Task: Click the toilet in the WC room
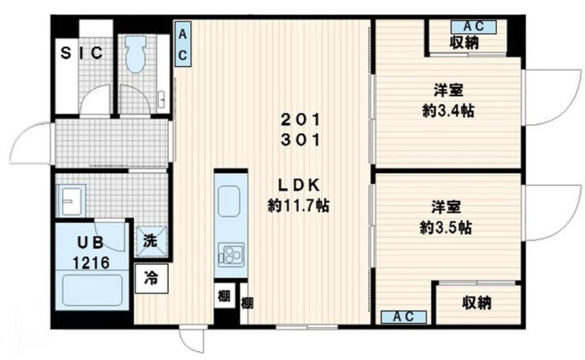pos(135,54)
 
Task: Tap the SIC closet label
pos(82,53)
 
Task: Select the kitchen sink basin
pos(229,201)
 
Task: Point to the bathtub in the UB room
pos(92,290)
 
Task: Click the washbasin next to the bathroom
pos(71,201)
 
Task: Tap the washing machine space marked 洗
pos(151,241)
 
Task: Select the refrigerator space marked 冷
pos(151,278)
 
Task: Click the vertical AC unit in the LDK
pos(183,44)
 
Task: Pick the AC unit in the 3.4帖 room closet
pos(474,27)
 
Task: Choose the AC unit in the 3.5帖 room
pos(404,317)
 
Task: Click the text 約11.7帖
pos(298,205)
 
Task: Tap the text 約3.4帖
pos(448,111)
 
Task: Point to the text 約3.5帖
pos(446,227)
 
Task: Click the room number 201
pos(300,120)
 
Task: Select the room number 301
pos(300,140)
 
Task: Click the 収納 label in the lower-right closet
pos(477,303)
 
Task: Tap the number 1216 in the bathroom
pos(91,263)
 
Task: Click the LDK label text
pos(299,185)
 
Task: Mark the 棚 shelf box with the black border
pos(224,296)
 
